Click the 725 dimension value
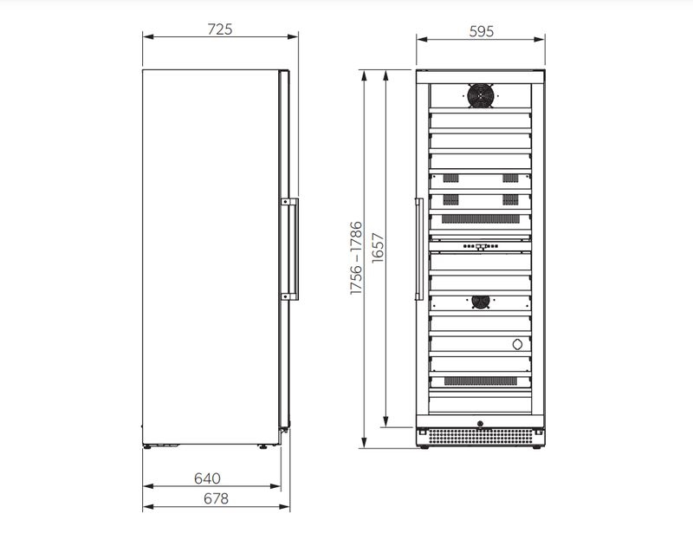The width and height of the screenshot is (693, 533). (220, 29)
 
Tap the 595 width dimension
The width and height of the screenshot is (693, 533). (482, 31)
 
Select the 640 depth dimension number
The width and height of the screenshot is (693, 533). (207, 478)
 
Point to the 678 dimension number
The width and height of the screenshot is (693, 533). (216, 498)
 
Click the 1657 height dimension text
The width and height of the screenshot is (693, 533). (379, 248)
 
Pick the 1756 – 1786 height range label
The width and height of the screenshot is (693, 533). (356, 258)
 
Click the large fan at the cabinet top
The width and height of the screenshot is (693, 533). (481, 95)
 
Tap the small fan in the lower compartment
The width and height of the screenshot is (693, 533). (481, 302)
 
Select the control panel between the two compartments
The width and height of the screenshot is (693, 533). (481, 246)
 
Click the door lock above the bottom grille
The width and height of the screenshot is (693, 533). (481, 424)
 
